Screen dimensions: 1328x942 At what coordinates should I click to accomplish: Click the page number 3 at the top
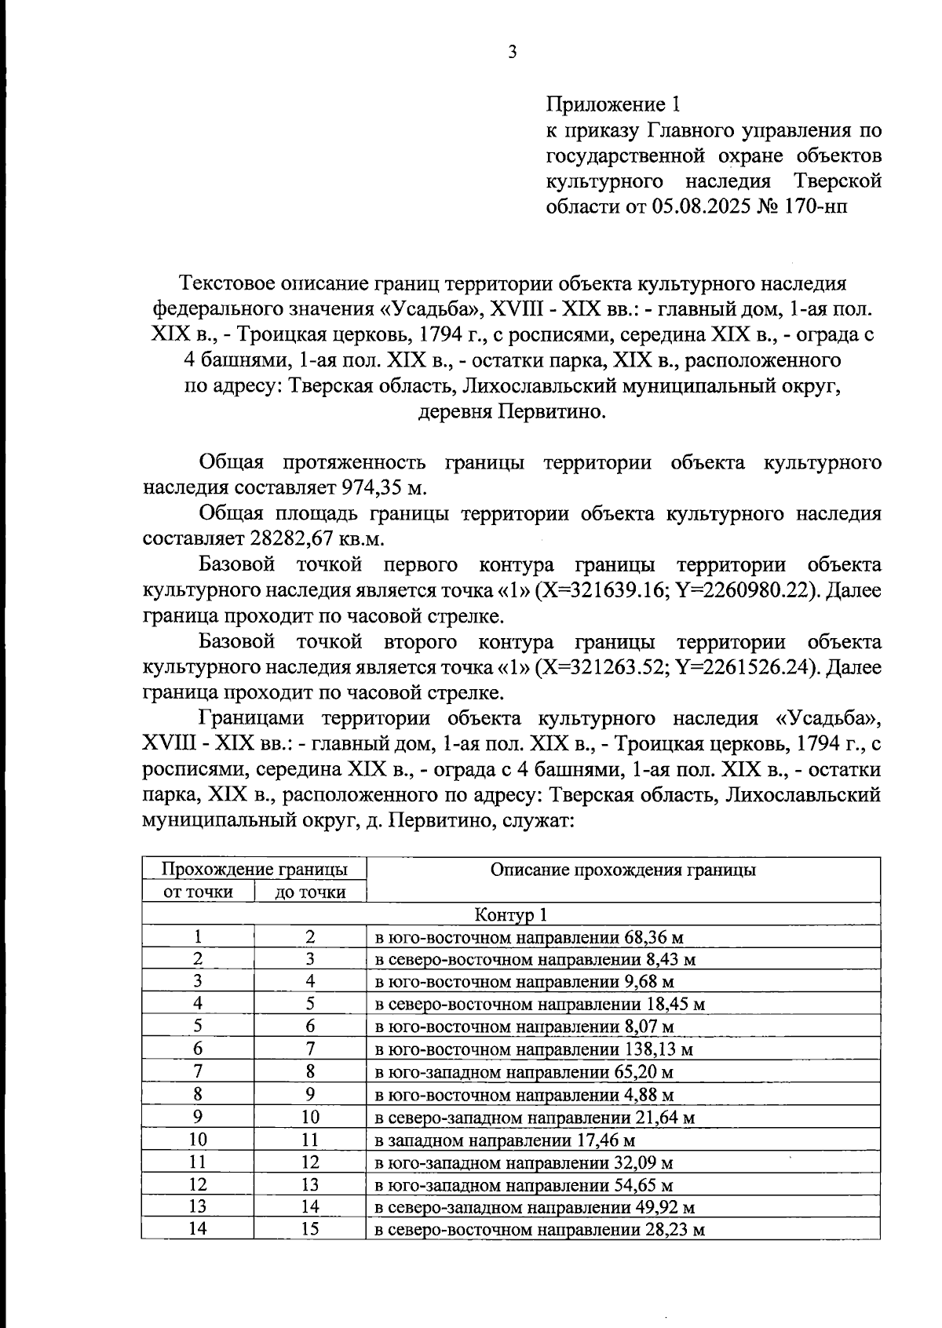click(512, 53)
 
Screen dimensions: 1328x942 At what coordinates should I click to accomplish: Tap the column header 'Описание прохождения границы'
click(623, 869)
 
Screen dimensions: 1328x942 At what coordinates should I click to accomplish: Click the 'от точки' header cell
click(198, 892)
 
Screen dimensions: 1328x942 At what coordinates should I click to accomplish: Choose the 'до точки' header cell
click(310, 892)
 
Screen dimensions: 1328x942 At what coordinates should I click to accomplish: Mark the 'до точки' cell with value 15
click(310, 1229)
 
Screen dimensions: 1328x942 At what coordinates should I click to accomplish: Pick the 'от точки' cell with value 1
click(199, 936)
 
